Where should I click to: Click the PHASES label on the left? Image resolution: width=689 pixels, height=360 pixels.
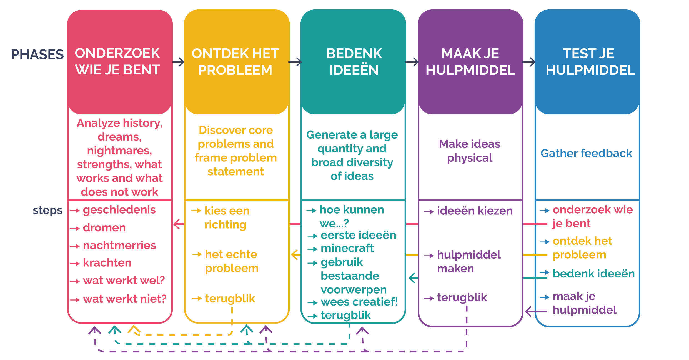(x=37, y=54)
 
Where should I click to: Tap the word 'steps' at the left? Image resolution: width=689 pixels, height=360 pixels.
(x=47, y=211)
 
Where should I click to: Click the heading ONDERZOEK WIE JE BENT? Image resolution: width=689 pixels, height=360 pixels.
(x=117, y=61)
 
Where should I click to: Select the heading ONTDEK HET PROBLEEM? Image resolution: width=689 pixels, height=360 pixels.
(x=235, y=62)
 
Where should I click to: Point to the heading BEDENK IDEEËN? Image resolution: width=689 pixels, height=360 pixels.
(x=354, y=62)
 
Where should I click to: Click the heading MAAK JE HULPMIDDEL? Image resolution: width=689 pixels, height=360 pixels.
(x=470, y=62)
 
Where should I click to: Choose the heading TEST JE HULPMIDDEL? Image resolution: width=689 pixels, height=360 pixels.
(x=590, y=62)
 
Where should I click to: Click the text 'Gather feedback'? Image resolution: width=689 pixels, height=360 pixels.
(x=586, y=153)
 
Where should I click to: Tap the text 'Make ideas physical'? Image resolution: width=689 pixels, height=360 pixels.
(x=470, y=151)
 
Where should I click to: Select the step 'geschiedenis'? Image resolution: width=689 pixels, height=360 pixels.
(x=119, y=210)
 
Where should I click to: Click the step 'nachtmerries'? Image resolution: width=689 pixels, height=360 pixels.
(x=119, y=245)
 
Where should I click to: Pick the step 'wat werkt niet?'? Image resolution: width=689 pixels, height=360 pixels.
(x=125, y=299)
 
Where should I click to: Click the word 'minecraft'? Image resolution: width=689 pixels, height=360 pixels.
(x=347, y=248)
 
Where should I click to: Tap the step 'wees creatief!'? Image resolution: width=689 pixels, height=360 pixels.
(x=359, y=302)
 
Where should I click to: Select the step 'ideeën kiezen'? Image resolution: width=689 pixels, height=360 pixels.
(x=475, y=211)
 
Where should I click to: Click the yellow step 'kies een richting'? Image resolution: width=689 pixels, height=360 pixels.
(x=227, y=217)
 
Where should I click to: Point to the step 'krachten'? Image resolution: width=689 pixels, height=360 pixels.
(x=107, y=263)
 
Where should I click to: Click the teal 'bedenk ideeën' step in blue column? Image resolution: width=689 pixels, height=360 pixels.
(x=593, y=274)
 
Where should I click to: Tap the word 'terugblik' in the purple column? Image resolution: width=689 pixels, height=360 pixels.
(x=462, y=297)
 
